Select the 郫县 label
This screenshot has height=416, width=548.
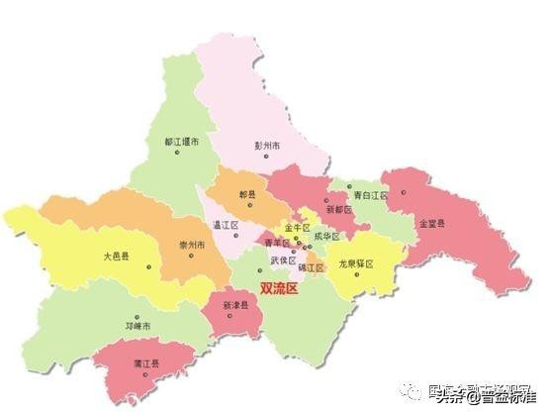(246, 194)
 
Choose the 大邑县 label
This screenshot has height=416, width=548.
(117, 255)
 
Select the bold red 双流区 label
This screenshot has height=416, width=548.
(279, 288)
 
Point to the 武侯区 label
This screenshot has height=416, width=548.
(284, 260)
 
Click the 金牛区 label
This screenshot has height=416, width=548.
(299, 227)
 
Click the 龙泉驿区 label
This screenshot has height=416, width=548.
(361, 264)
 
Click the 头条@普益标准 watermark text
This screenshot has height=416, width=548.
(492, 397)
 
